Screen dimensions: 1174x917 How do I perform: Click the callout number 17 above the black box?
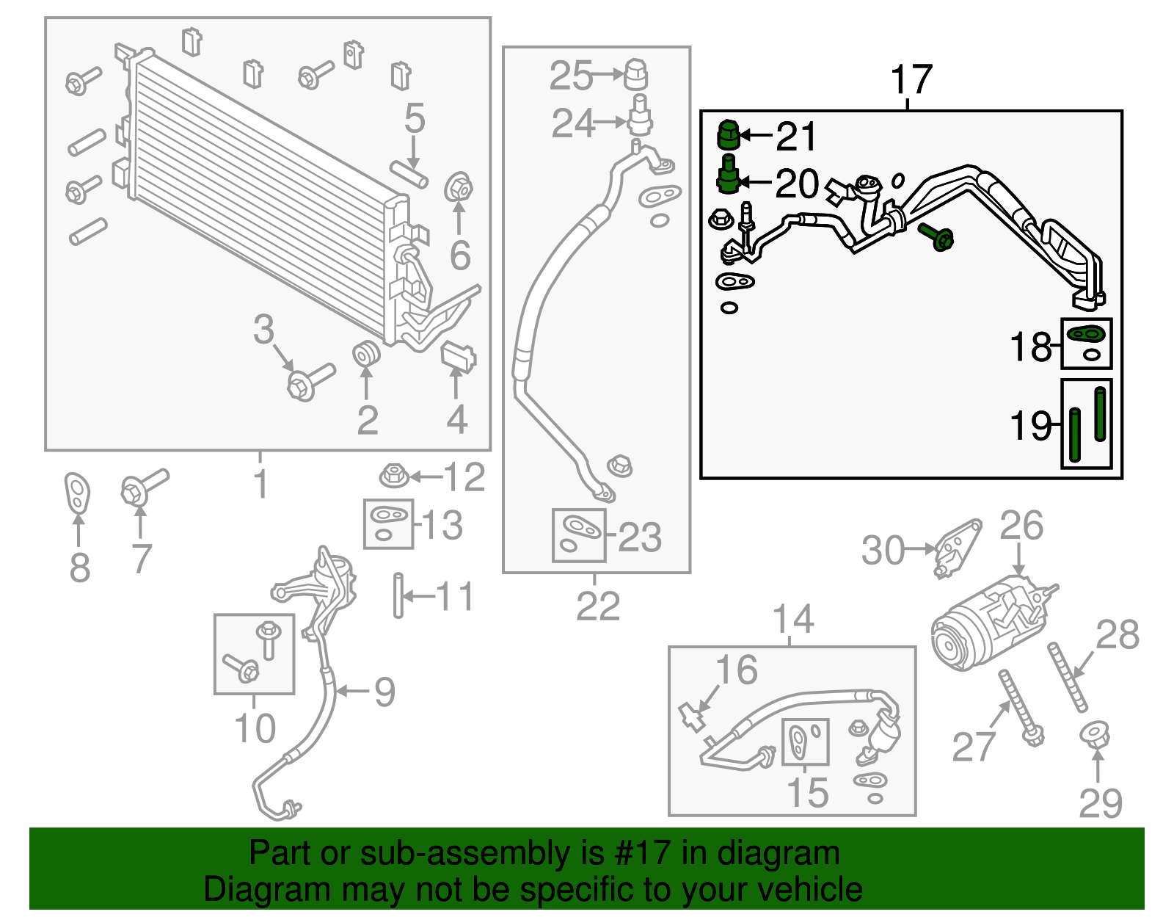(911, 80)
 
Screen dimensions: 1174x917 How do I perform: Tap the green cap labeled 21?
(728, 134)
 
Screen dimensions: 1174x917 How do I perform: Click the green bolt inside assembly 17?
(936, 236)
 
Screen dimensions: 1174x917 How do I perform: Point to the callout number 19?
(1031, 426)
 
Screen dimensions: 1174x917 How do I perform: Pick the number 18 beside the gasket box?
(1031, 347)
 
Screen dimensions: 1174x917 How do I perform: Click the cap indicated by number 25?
(635, 75)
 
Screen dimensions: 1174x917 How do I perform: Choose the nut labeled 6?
(459, 187)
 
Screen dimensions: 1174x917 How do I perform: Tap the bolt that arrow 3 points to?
(310, 382)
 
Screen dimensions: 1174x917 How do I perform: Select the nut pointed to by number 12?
(395, 476)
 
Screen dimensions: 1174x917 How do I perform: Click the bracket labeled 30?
(957, 548)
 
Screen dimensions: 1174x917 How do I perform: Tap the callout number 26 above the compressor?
(1021, 525)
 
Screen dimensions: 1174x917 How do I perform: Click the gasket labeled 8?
(77, 493)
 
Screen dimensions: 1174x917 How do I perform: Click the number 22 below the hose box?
(597, 606)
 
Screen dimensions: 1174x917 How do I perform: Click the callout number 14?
(793, 619)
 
